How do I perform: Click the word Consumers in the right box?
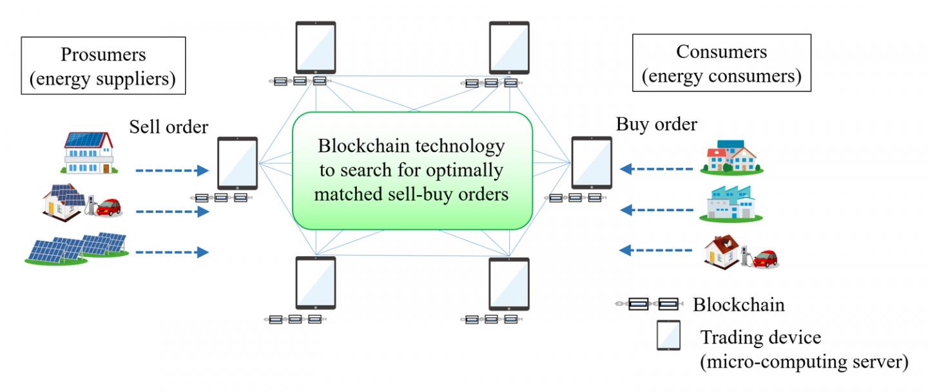click(x=721, y=51)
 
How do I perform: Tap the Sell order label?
click(x=169, y=127)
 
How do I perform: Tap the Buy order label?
click(x=657, y=124)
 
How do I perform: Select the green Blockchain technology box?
click(x=412, y=171)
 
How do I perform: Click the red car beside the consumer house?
click(x=766, y=259)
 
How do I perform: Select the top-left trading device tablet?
click(x=316, y=48)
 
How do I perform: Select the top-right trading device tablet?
click(x=509, y=48)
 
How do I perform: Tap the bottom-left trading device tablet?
click(x=316, y=283)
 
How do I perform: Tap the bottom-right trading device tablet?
click(x=509, y=283)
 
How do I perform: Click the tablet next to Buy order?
click(x=592, y=162)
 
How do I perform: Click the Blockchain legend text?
click(x=739, y=304)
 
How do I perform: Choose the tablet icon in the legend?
click(x=668, y=335)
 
